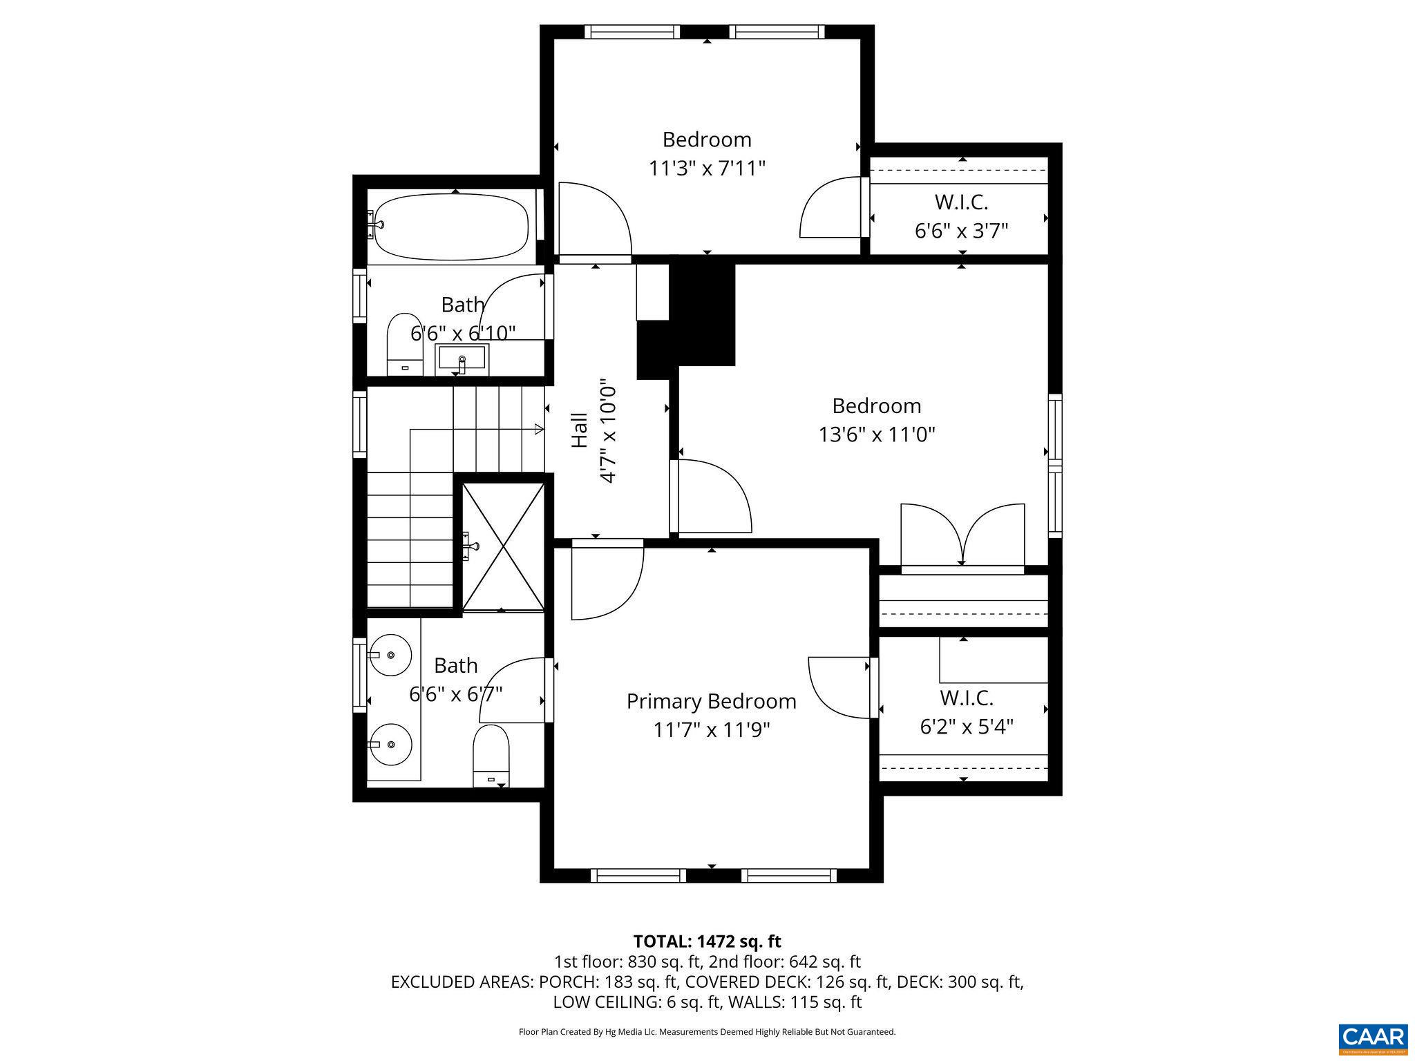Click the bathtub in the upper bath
[x=453, y=227]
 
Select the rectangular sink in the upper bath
[x=462, y=359]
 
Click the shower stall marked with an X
[x=503, y=547]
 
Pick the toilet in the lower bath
[x=491, y=755]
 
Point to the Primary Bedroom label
[x=711, y=701]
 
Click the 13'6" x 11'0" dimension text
[x=876, y=434]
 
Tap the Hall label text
[x=579, y=430]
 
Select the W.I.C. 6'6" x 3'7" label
[x=961, y=216]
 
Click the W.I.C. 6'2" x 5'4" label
[x=966, y=712]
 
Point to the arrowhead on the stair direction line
[x=540, y=430]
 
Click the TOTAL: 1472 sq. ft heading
[x=707, y=941]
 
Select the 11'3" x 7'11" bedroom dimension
[x=707, y=169]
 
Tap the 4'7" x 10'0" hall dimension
[x=607, y=430]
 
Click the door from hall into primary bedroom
[x=607, y=580]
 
